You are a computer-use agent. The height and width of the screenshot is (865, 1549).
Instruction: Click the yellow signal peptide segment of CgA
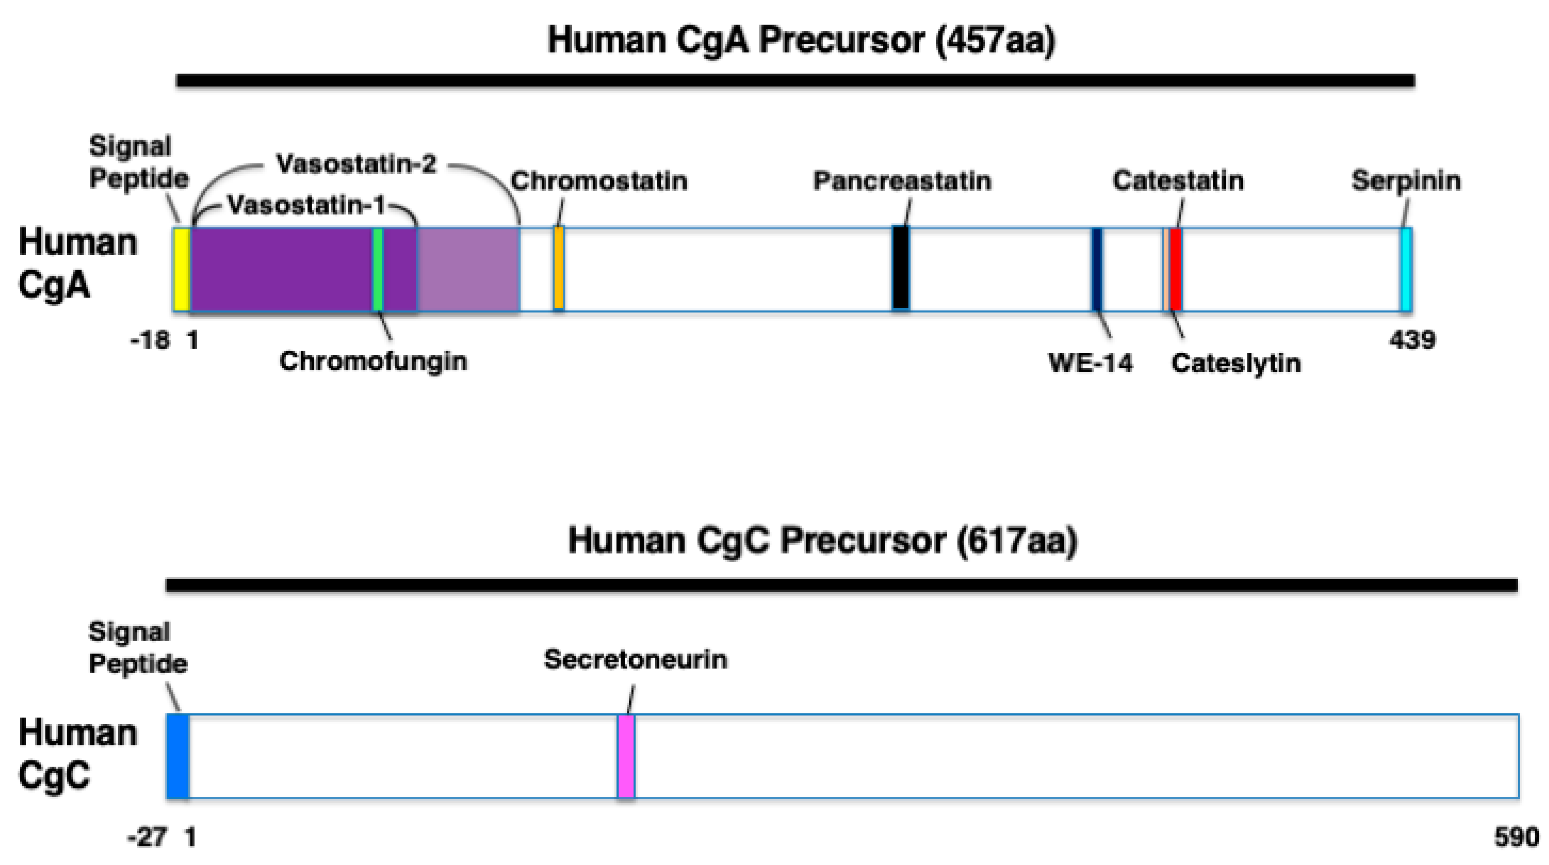tap(181, 269)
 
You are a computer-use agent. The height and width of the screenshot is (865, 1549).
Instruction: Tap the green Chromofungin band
tap(378, 269)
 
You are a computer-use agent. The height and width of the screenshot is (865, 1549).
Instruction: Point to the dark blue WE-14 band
tap(1097, 269)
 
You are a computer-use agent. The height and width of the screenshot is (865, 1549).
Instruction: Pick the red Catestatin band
tap(1176, 269)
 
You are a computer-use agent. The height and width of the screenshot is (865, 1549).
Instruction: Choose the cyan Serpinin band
tap(1406, 269)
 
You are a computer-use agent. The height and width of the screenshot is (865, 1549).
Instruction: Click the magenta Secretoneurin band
tap(626, 756)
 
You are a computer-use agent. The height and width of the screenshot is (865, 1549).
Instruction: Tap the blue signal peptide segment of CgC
tap(178, 756)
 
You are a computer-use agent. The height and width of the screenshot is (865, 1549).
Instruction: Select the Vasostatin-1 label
tap(307, 205)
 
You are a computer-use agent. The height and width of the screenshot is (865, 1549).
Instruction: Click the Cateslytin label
tap(1236, 363)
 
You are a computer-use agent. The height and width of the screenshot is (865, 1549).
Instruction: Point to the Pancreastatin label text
tap(902, 181)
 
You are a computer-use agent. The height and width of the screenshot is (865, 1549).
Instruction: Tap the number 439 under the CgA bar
tap(1412, 340)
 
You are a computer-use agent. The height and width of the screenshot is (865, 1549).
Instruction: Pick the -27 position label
tap(147, 837)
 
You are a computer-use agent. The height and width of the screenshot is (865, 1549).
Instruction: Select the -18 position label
tap(150, 340)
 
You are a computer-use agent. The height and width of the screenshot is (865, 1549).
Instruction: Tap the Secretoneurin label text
tap(636, 660)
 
